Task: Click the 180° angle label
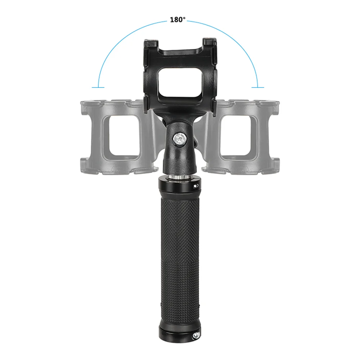point(178,20)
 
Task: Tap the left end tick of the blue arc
point(98,87)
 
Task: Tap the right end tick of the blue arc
point(258,87)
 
